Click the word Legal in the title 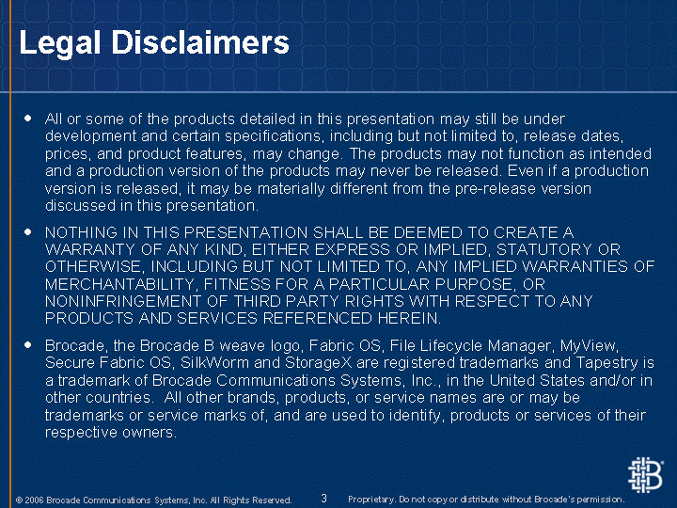tap(59, 43)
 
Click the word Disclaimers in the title tap(200, 42)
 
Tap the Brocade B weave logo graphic tap(645, 475)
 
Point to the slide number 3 tap(323, 498)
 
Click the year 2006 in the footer tap(34, 500)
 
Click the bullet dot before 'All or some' tap(28, 118)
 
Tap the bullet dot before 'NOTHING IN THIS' tap(28, 232)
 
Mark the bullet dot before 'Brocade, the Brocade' tap(28, 344)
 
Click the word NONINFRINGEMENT tap(123, 301)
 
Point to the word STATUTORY tap(544, 249)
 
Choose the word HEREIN tap(406, 318)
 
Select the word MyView tap(588, 345)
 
